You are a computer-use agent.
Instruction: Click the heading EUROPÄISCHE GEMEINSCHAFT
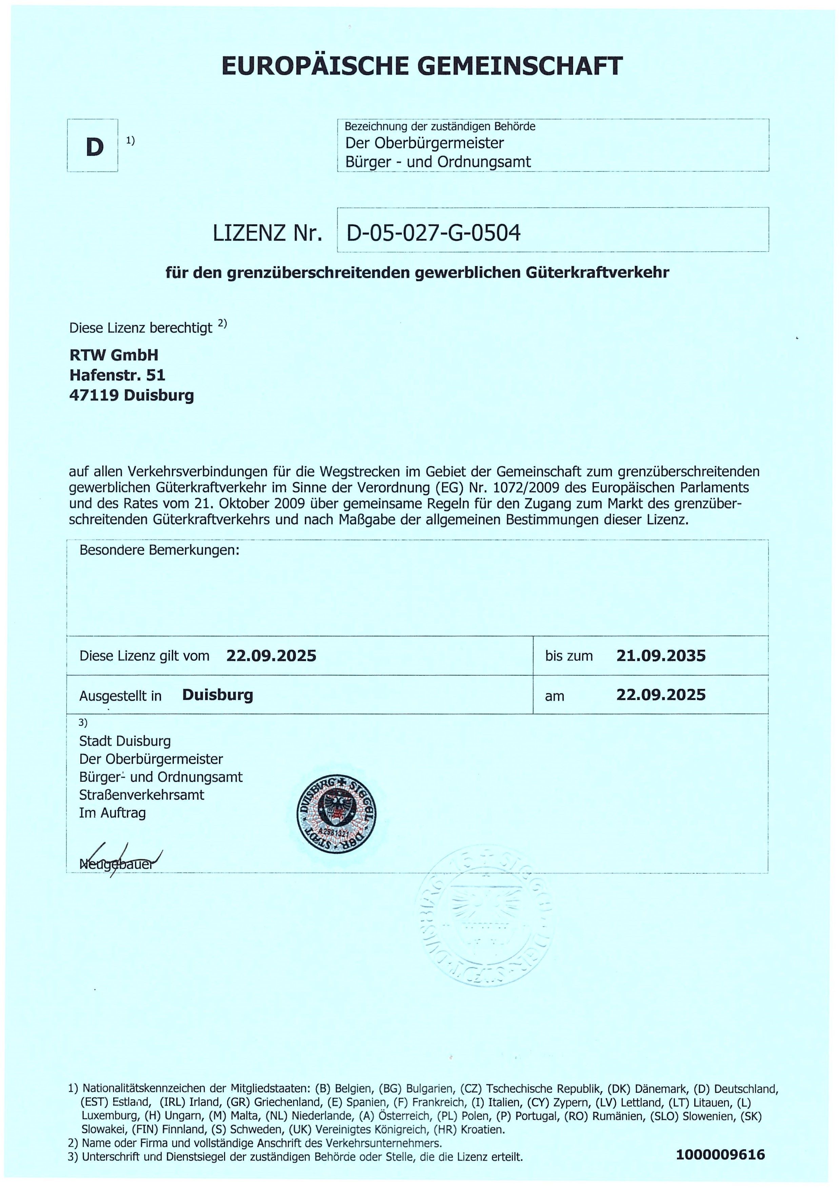pos(421,66)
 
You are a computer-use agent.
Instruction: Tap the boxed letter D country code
pos(94,147)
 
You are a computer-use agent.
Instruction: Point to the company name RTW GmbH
pos(114,355)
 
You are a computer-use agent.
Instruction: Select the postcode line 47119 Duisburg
pos(132,395)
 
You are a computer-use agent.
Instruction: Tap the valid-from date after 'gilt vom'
pos(271,656)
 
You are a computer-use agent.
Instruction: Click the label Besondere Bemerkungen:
pos(159,550)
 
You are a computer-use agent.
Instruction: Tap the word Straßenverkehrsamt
pos(142,795)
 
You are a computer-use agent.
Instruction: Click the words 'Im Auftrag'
pos(112,813)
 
